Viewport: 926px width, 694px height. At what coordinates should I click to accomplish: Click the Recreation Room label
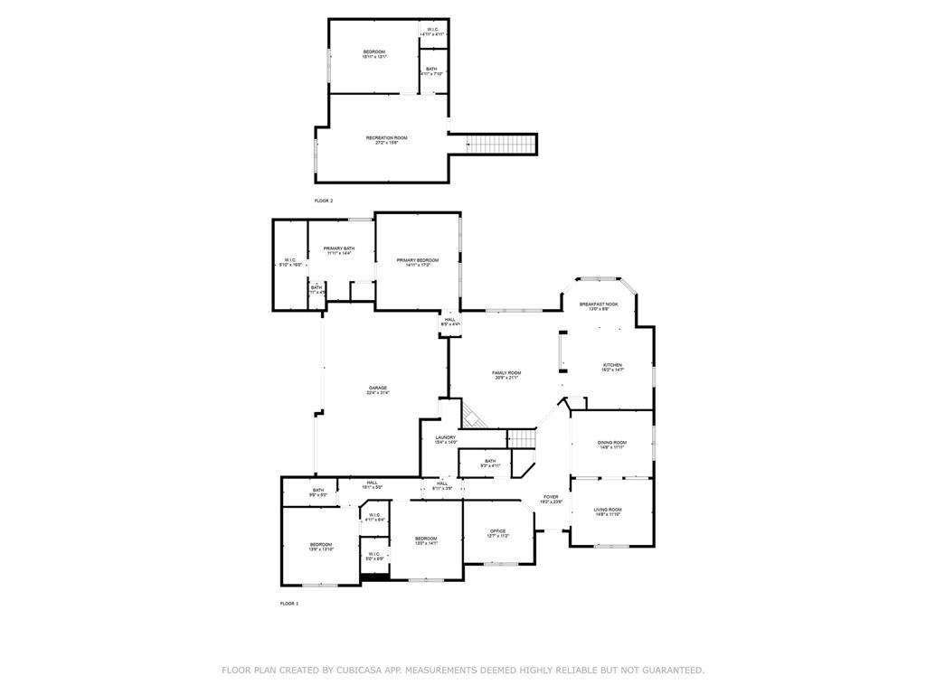point(386,137)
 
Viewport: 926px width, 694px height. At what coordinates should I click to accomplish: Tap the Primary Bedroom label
point(417,260)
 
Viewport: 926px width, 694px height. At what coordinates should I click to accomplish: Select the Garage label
point(377,389)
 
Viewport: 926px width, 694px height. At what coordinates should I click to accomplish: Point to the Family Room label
point(506,373)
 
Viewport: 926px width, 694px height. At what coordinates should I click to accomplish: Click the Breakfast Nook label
point(599,305)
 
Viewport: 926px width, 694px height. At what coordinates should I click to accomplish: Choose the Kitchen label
point(612,366)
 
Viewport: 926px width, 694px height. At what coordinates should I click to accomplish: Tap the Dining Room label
point(611,443)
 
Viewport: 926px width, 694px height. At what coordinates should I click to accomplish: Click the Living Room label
point(607,510)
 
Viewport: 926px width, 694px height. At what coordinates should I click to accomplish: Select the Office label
point(497,531)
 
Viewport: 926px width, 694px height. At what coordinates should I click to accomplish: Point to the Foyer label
point(551,497)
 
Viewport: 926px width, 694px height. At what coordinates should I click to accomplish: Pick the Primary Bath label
point(339,249)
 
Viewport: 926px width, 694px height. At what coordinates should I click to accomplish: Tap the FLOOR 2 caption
point(324,201)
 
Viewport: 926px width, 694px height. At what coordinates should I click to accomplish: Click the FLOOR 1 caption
point(289,603)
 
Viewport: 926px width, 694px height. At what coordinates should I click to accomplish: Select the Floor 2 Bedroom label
point(374,52)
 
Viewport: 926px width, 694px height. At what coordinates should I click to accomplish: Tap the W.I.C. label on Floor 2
point(433,29)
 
